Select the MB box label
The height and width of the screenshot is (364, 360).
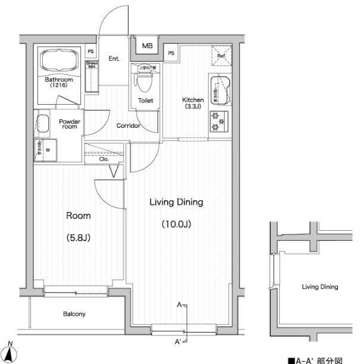pyautogui.click(x=146, y=45)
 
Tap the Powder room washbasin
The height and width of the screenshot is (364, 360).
pyautogui.click(x=42, y=124)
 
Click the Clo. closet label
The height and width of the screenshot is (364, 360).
pyautogui.click(x=103, y=159)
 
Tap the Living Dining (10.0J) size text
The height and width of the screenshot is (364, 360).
pyautogui.click(x=176, y=225)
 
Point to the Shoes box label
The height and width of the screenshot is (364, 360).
pyautogui.click(x=92, y=65)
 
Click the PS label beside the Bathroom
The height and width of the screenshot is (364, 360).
pyautogui.click(x=91, y=52)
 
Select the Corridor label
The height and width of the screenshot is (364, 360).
pyautogui.click(x=128, y=126)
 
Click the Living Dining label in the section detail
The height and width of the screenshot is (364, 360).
pyautogui.click(x=320, y=287)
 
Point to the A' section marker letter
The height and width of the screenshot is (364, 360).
pyautogui.click(x=177, y=342)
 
